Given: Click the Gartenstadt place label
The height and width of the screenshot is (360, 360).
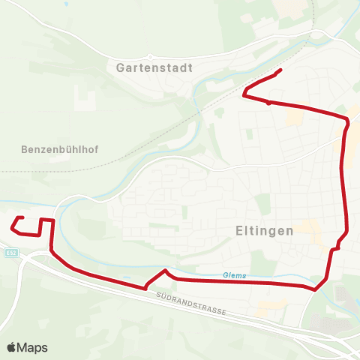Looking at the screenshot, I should [155, 67].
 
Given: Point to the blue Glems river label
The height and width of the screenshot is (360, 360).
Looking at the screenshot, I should [234, 275].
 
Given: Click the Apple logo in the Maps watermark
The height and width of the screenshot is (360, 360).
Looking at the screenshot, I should [11, 348].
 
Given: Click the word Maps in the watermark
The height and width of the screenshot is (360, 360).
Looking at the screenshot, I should [32, 348].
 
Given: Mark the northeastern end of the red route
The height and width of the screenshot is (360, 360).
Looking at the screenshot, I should [280, 70].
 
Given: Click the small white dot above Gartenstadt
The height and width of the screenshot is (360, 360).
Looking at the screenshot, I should [150, 57].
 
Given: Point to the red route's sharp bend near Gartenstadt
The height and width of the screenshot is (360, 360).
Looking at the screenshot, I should [244, 94].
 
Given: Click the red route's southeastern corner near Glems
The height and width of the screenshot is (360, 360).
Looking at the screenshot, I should [316, 288].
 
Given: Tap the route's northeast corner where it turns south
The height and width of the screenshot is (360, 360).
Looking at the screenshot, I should [348, 120].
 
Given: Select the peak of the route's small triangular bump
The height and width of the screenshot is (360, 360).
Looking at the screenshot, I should [165, 270].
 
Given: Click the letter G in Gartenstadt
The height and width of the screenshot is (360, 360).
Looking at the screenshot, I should [121, 67].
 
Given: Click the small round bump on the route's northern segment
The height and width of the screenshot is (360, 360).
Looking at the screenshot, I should [268, 103].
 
